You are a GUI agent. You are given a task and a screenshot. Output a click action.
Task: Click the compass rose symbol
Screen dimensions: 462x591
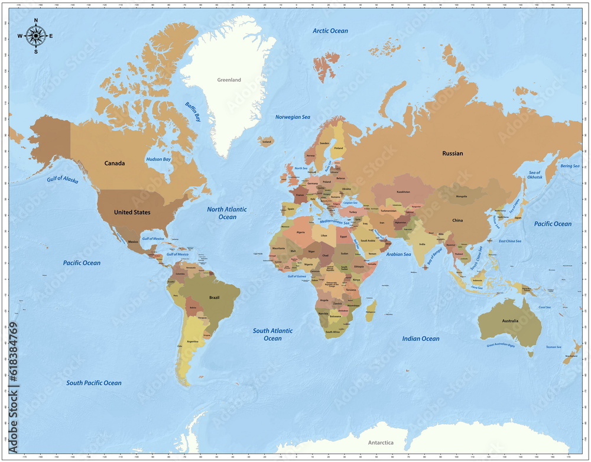[35, 36]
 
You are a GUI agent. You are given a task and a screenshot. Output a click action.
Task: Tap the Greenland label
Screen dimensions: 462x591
[229, 80]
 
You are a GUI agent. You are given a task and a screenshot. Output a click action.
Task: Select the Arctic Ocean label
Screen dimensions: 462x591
[330, 31]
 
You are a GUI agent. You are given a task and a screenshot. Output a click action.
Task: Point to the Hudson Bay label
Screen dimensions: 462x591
[158, 160]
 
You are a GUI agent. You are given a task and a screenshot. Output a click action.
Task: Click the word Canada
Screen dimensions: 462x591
[115, 164]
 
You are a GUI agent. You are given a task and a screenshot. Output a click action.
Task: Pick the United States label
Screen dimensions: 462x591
[132, 212]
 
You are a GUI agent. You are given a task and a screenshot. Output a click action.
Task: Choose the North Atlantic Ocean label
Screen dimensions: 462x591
[227, 213]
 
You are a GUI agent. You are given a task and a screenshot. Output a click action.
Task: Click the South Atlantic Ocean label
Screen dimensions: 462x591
[272, 334]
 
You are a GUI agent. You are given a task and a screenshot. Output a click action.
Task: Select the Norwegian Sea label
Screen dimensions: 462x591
[293, 117]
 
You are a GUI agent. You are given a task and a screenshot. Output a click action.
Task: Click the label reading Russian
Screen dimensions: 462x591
[453, 154]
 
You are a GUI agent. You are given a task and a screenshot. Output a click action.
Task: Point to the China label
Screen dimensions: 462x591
[457, 220]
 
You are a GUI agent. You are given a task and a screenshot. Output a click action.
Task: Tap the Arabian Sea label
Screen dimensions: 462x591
[398, 254]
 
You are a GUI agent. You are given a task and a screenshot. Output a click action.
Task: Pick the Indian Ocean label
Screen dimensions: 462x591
[421, 339]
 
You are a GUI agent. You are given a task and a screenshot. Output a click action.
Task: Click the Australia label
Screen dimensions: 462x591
[509, 321]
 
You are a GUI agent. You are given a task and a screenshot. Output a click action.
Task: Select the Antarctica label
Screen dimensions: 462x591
[381, 443]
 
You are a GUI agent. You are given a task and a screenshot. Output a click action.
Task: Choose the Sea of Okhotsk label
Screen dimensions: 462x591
[534, 175]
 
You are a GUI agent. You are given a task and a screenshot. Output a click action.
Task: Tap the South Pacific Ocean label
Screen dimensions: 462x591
[93, 383]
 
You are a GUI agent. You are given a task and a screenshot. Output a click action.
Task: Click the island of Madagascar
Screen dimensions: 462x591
[371, 310]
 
